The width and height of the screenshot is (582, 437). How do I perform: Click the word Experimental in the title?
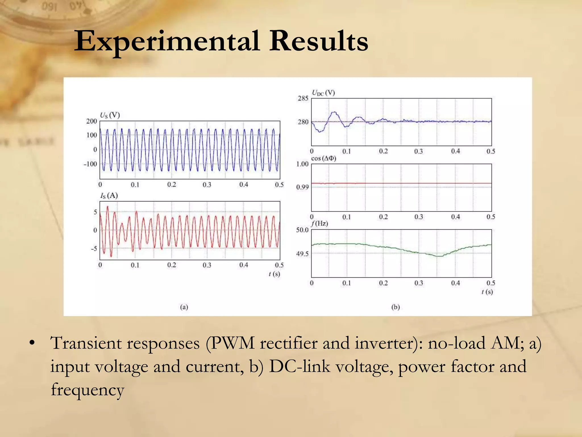(167, 42)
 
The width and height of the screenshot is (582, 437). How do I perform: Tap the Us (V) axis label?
(110, 115)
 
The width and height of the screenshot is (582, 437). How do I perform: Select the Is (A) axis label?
(109, 196)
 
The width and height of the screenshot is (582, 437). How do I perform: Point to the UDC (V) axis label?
(323, 93)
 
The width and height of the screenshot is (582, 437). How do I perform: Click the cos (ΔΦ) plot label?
(324, 158)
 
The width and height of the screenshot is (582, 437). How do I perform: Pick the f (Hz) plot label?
(320, 223)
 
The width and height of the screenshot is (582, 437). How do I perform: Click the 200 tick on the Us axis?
(92, 121)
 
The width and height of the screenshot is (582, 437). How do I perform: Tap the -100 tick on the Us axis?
(90, 164)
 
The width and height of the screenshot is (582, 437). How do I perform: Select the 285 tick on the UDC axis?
(303, 98)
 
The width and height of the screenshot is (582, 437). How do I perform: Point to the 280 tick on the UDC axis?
(303, 122)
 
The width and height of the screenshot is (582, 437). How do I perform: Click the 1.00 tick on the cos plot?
(302, 164)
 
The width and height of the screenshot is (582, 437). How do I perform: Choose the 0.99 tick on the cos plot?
(302, 187)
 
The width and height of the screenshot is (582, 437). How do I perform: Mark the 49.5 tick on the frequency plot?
(302, 254)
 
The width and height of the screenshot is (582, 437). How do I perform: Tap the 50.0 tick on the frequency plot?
(302, 230)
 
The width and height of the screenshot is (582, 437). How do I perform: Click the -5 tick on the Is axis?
(94, 249)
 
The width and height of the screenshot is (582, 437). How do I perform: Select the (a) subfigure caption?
(184, 307)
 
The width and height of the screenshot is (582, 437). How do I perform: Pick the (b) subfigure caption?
(396, 307)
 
